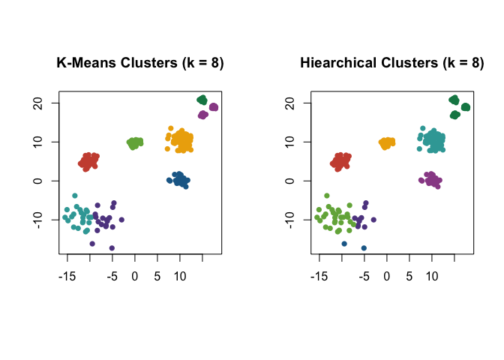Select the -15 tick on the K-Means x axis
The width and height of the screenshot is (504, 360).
click(67, 276)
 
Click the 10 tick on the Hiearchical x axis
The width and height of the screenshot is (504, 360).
click(432, 276)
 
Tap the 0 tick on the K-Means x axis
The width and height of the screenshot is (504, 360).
click(135, 276)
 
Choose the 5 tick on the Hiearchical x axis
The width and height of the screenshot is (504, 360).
click(409, 276)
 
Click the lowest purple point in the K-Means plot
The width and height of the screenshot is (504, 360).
click(112, 247)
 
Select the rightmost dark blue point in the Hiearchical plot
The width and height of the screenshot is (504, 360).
click(364, 247)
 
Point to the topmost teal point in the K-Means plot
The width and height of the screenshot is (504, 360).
click(75, 196)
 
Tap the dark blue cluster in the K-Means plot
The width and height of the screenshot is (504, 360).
click(178, 180)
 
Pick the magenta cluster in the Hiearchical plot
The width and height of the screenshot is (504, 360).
click(430, 180)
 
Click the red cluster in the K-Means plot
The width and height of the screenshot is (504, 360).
click(88, 160)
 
